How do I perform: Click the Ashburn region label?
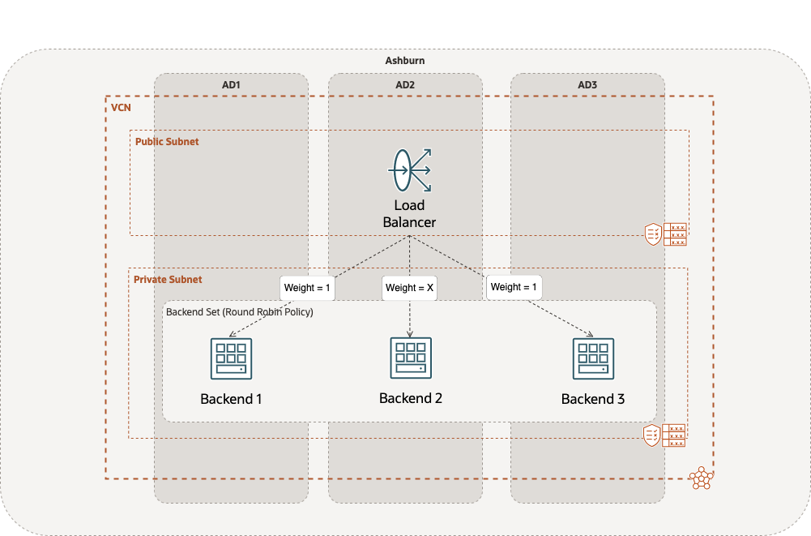[404, 61]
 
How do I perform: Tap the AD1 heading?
[231, 84]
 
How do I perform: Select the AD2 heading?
[405, 84]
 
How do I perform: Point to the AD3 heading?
[587, 84]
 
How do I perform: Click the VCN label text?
[121, 107]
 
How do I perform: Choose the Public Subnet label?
[167, 141]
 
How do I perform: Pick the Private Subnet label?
[169, 279]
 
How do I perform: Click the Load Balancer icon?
[409, 170]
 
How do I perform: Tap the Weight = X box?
[409, 288]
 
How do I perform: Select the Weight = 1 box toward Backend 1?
[308, 288]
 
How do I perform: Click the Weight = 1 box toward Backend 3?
[514, 287]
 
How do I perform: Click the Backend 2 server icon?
[410, 357]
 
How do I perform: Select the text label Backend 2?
[410, 398]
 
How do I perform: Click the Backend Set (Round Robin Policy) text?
[239, 311]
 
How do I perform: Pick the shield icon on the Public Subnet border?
[652, 234]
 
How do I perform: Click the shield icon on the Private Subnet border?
[651, 435]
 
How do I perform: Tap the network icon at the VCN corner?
[701, 478]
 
